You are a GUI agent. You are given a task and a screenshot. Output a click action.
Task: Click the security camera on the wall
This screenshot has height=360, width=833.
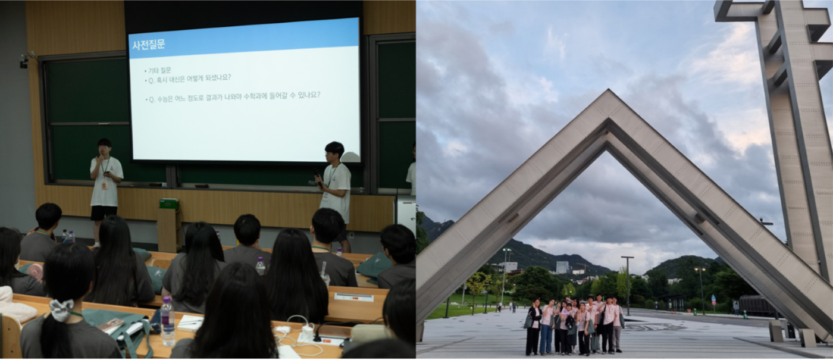(x=24, y=61)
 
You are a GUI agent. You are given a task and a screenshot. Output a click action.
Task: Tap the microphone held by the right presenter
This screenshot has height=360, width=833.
(x=317, y=176)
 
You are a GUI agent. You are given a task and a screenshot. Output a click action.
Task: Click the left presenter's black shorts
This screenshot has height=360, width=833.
(x=104, y=213)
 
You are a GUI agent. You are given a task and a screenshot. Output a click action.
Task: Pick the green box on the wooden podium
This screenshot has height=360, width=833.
(x=169, y=204)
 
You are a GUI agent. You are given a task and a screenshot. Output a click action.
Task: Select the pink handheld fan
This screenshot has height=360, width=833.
(x=35, y=271)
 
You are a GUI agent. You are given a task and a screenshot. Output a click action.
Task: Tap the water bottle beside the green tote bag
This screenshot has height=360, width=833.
(x=167, y=321)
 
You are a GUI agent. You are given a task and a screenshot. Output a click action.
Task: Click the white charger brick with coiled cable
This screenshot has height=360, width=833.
(x=308, y=332)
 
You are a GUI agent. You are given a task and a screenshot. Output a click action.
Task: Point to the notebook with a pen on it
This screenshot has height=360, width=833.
(x=190, y=323)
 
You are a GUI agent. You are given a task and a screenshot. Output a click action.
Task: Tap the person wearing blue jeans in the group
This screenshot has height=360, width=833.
(x=547, y=327)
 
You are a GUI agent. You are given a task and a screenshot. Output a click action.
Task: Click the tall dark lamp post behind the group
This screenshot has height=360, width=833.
(x=627, y=285)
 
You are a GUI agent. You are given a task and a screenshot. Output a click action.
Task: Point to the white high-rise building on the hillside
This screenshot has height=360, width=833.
(x=562, y=267)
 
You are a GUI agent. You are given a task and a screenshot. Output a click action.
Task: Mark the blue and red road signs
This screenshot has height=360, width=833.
(x=713, y=301)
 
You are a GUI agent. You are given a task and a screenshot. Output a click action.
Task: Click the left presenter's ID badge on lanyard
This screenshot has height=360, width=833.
(x=105, y=184)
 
